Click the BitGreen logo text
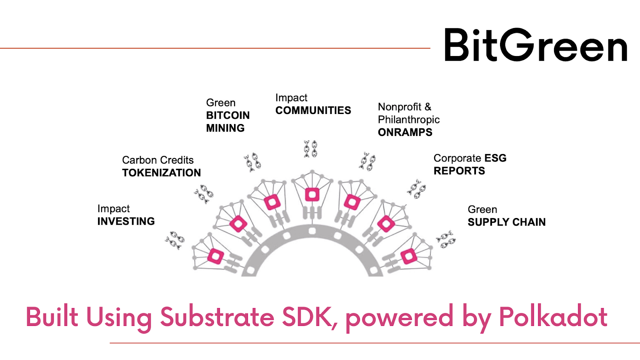click(x=536, y=45)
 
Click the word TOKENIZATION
click(x=162, y=173)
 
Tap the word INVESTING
click(x=126, y=221)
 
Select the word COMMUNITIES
click(x=313, y=110)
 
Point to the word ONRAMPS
click(x=405, y=132)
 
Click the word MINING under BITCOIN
click(x=225, y=128)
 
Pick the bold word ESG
click(x=496, y=158)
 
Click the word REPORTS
click(x=459, y=171)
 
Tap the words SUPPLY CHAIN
click(x=506, y=222)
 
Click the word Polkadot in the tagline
click(x=553, y=317)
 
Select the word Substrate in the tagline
click(x=217, y=317)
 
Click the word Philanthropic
click(x=409, y=120)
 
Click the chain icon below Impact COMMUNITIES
click(x=311, y=149)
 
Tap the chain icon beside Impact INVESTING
click(x=175, y=240)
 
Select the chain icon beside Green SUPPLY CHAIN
click(x=446, y=240)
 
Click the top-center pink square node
click(x=312, y=195)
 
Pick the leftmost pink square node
click(x=216, y=256)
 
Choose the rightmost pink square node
click(x=409, y=256)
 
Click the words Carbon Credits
click(x=158, y=160)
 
